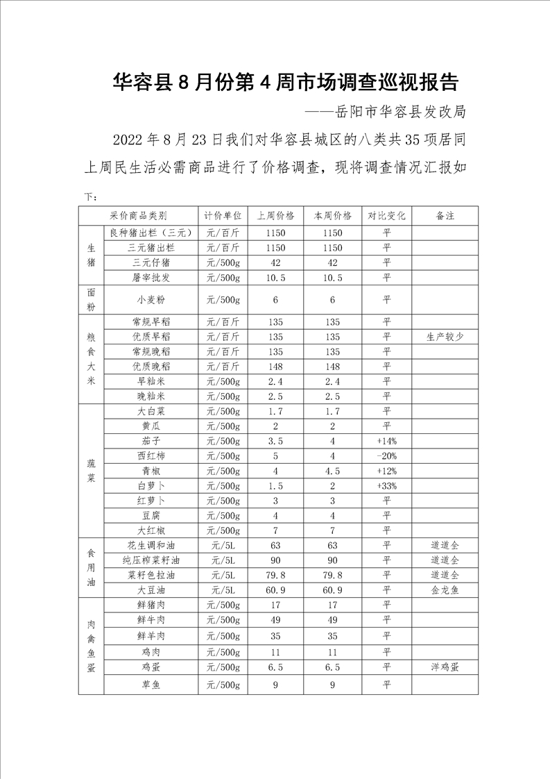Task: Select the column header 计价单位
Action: pos(223,216)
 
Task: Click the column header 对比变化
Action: pos(386,216)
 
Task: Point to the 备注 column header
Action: pos(445,216)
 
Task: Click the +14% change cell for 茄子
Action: pos(386,441)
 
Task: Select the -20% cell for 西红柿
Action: pos(386,456)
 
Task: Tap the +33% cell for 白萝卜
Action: pos(386,486)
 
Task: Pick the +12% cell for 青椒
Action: pos(386,471)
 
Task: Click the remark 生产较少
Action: pos(445,337)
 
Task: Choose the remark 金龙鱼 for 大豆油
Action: pos(445,590)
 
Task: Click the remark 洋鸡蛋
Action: pos(445,667)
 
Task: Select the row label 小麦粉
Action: pos(151,300)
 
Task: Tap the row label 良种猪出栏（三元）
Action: pos(151,233)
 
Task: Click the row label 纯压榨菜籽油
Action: pos(151,560)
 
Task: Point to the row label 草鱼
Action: pos(151,685)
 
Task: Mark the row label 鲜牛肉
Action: pos(151,620)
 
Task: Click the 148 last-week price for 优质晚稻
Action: pos(275,367)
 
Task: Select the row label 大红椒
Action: pos(151,530)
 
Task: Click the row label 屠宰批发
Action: pos(151,278)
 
